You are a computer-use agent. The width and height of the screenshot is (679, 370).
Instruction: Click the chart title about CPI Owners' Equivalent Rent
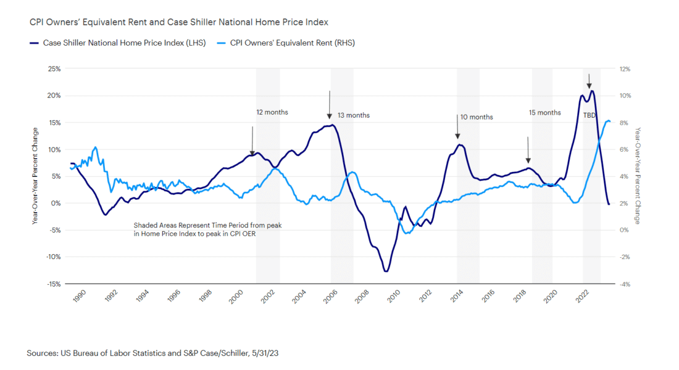pyautogui.click(x=178, y=22)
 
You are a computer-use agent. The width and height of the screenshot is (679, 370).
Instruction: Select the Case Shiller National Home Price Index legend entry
pyautogui.click(x=123, y=43)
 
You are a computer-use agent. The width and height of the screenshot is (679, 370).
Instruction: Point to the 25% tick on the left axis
pyautogui.click(x=53, y=68)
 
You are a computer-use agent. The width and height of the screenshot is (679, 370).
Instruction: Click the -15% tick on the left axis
pyautogui.click(x=53, y=284)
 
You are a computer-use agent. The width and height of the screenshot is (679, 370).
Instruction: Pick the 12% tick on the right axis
pyautogui.click(x=625, y=68)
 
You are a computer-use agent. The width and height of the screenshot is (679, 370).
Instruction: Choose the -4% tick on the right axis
pyautogui.click(x=625, y=284)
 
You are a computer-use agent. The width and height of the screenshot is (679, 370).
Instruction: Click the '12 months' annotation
pyautogui.click(x=272, y=113)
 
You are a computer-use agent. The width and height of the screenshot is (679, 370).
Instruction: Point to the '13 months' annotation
pyautogui.click(x=354, y=115)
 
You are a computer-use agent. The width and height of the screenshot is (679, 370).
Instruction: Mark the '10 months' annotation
pyautogui.click(x=477, y=117)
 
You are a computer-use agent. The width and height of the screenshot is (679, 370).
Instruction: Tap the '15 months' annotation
pyautogui.click(x=545, y=113)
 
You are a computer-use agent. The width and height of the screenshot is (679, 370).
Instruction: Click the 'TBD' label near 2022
pyautogui.click(x=589, y=115)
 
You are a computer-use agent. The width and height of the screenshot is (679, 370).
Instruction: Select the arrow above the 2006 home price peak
pyautogui.click(x=330, y=105)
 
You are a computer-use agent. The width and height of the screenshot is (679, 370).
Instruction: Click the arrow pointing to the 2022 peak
pyautogui.click(x=589, y=81)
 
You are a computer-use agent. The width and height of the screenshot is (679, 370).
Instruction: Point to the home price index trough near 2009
pyautogui.click(x=386, y=271)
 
